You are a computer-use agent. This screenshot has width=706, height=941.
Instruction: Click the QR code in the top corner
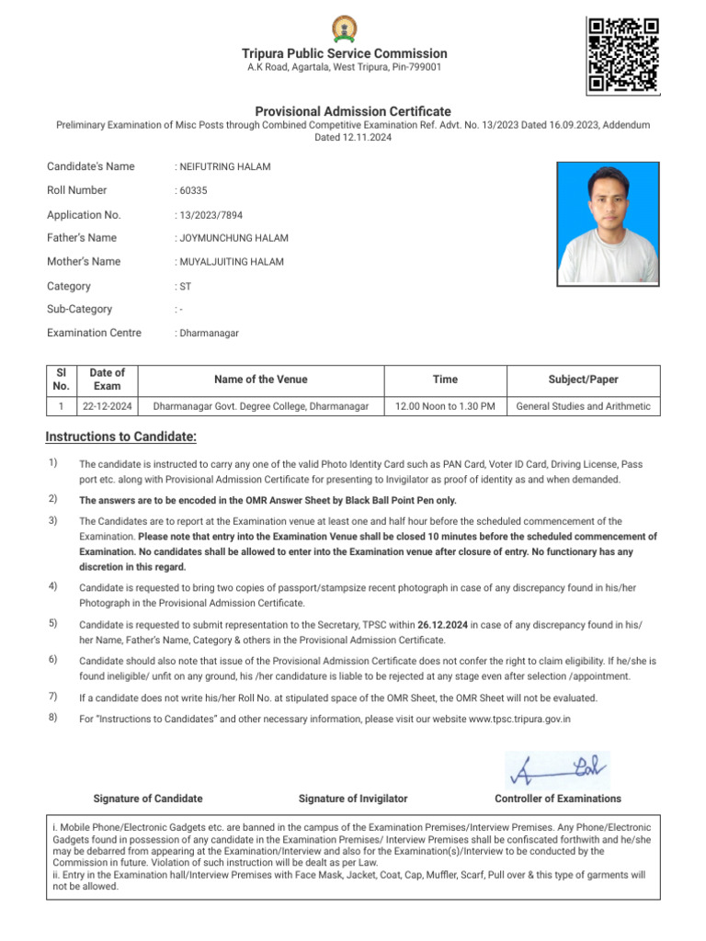point(622,54)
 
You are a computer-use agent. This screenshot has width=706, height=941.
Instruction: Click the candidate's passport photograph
point(608,223)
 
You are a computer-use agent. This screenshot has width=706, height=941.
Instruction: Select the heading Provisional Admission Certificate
point(353,111)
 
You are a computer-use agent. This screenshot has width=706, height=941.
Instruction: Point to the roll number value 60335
point(194,190)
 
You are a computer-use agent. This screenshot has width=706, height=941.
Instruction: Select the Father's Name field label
point(82,238)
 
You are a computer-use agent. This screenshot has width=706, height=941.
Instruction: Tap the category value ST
point(185,287)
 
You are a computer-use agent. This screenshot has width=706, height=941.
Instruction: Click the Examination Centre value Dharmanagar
point(209,334)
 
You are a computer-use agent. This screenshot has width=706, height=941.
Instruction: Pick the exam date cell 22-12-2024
point(108,406)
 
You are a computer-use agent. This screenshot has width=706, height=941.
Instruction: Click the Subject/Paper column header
point(583,380)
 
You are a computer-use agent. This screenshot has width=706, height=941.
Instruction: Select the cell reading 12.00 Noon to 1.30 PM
point(445,406)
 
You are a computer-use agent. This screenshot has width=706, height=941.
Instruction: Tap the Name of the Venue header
point(261,380)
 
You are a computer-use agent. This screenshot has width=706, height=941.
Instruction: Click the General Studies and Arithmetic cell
point(583,406)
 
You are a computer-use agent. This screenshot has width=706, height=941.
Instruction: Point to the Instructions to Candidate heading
point(121,436)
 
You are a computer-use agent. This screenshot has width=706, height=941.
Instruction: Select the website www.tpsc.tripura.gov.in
point(519,719)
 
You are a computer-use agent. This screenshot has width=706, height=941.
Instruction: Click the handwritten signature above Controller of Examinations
point(557,769)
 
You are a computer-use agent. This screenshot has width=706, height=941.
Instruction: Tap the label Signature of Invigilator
point(353,799)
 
